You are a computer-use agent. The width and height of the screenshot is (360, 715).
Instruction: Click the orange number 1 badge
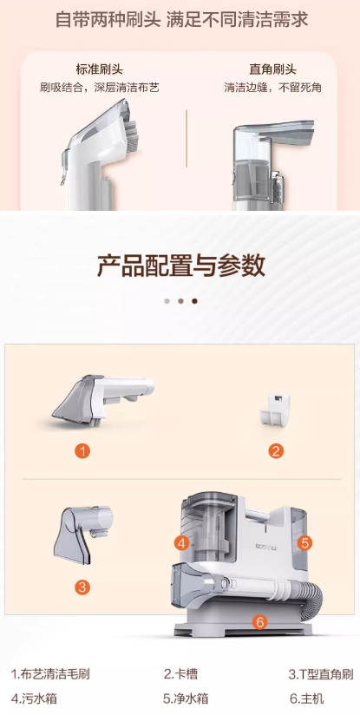pyautogui.click(x=82, y=451)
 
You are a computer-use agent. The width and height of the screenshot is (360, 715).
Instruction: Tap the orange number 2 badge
pyautogui.click(x=276, y=451)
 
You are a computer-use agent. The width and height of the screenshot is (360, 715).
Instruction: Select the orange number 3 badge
pyautogui.click(x=82, y=587)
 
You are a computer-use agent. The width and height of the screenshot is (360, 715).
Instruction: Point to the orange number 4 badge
pyautogui.click(x=182, y=543)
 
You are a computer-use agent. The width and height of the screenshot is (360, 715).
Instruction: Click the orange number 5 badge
pyautogui.click(x=305, y=542)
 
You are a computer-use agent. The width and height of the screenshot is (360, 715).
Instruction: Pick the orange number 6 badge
pyautogui.click(x=259, y=621)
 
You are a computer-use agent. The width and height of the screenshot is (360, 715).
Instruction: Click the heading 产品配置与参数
pyautogui.click(x=180, y=266)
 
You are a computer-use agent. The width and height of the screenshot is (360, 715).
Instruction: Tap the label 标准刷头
pyautogui.click(x=100, y=69)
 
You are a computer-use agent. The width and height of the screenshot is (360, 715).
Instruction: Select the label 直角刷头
pyautogui.click(x=272, y=69)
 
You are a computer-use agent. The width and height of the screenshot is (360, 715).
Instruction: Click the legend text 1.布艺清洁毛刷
pyautogui.click(x=50, y=674)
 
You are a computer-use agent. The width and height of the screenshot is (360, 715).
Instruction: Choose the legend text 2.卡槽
pyautogui.click(x=180, y=674)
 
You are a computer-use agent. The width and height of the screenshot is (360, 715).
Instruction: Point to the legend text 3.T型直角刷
pyautogui.click(x=321, y=674)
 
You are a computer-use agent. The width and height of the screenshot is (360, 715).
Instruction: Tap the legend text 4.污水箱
pyautogui.click(x=34, y=699)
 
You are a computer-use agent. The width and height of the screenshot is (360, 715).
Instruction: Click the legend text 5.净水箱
pyautogui.click(x=186, y=699)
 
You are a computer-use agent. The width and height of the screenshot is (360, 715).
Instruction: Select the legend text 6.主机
pyautogui.click(x=306, y=699)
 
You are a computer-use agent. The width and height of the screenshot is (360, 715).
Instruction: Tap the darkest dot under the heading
pyautogui.click(x=194, y=301)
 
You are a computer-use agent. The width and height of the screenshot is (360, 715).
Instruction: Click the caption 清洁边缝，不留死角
pyautogui.click(x=272, y=88)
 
